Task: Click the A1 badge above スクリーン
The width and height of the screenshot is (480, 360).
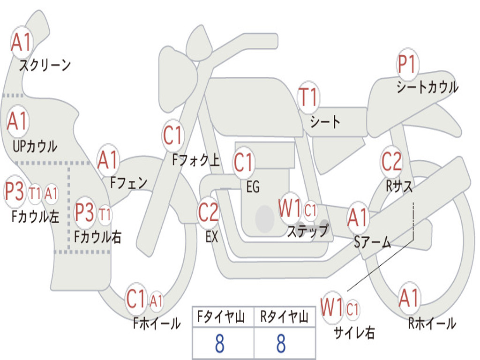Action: tap(22, 43)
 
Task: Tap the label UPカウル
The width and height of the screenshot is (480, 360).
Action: tap(35, 146)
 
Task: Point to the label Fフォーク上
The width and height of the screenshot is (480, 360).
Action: tap(196, 161)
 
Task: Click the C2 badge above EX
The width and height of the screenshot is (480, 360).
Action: tap(209, 212)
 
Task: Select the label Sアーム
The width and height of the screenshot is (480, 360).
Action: tap(373, 242)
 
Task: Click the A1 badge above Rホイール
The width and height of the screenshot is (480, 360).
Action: tap(409, 298)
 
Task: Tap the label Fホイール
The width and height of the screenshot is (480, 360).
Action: tap(157, 323)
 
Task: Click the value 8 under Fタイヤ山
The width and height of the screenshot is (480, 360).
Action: tap(219, 344)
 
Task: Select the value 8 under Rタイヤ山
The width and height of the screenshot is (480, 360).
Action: tap(281, 344)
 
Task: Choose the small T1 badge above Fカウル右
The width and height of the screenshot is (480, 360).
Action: tap(105, 215)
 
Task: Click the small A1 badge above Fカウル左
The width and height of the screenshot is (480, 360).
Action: tap(51, 193)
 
